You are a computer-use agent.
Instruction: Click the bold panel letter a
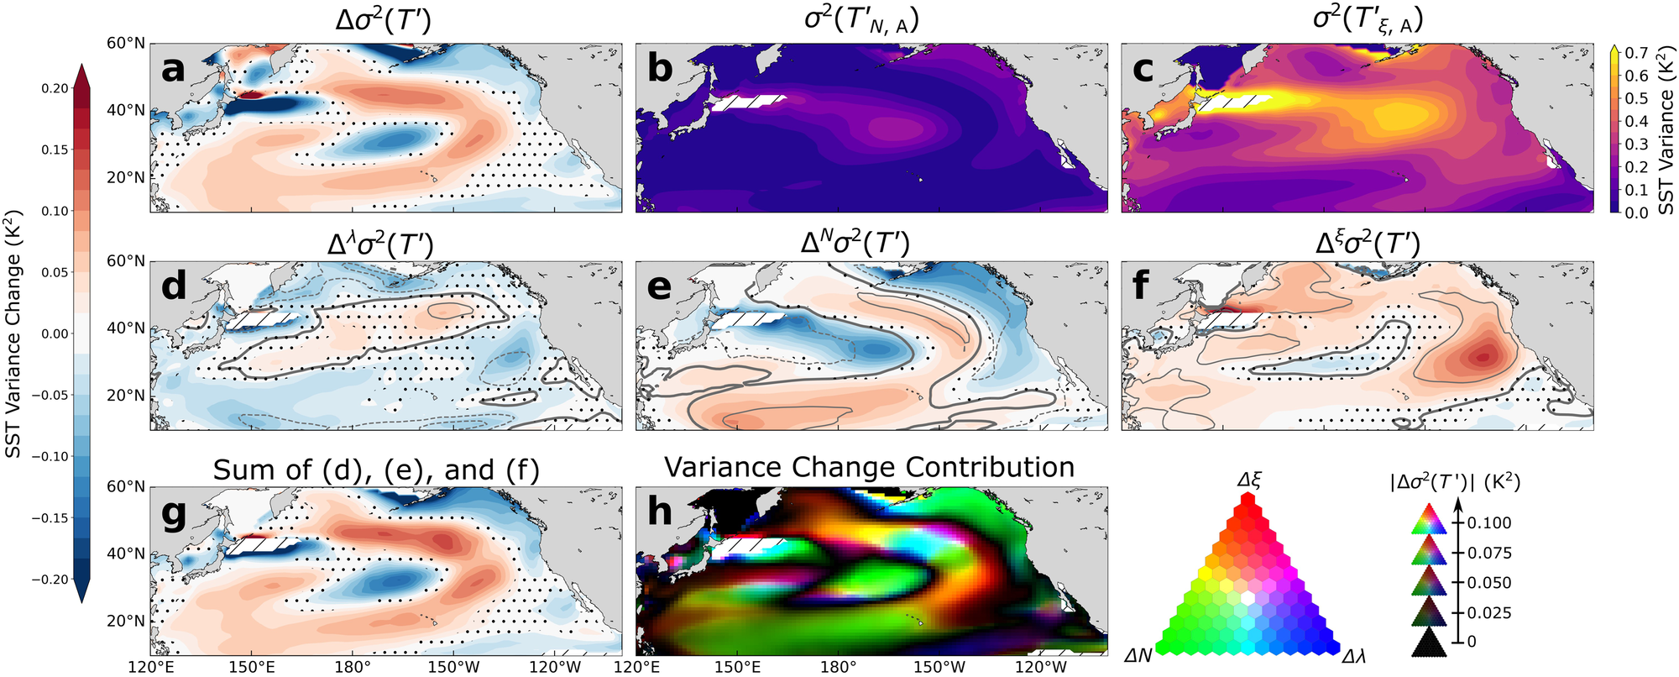(173, 68)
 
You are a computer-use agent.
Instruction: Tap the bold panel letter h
(660, 512)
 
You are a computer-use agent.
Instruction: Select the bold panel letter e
(660, 286)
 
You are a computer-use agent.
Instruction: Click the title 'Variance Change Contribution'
(869, 467)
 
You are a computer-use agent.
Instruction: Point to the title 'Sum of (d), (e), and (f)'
(376, 470)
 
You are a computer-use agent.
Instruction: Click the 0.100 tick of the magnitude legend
(1489, 522)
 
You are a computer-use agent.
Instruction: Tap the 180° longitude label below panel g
(353, 668)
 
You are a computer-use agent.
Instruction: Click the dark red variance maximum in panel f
(1482, 356)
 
